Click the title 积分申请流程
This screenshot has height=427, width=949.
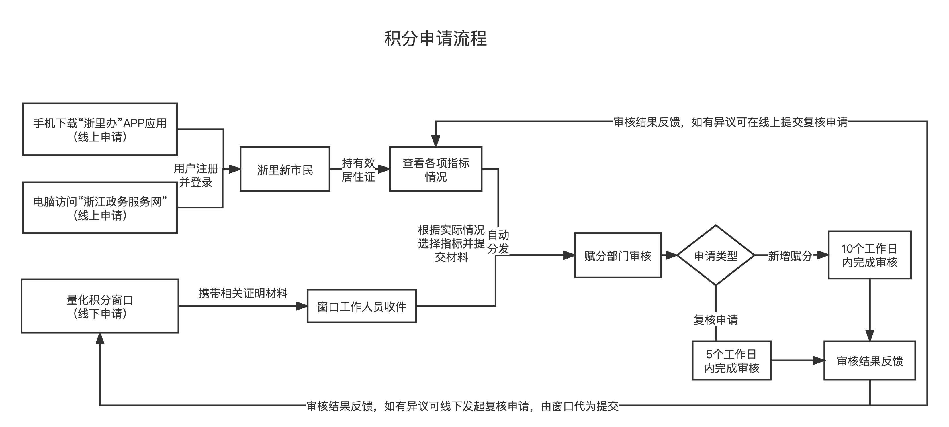tap(435, 39)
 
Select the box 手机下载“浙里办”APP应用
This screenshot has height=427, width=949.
tap(100, 129)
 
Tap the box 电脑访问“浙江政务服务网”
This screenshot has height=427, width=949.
tap(100, 208)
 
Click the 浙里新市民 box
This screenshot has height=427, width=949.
tap(285, 169)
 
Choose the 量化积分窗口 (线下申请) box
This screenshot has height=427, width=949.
tap(100, 306)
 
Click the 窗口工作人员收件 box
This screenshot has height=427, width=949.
tap(361, 306)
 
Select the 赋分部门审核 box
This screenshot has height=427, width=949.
tap(618, 255)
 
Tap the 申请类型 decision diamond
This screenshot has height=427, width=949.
tap(715, 255)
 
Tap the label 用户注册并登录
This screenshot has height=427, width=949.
tap(196, 175)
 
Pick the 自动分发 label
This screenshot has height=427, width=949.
tap(498, 241)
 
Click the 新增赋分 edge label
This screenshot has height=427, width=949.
tap(790, 255)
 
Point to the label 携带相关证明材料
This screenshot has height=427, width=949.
tap(243, 293)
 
